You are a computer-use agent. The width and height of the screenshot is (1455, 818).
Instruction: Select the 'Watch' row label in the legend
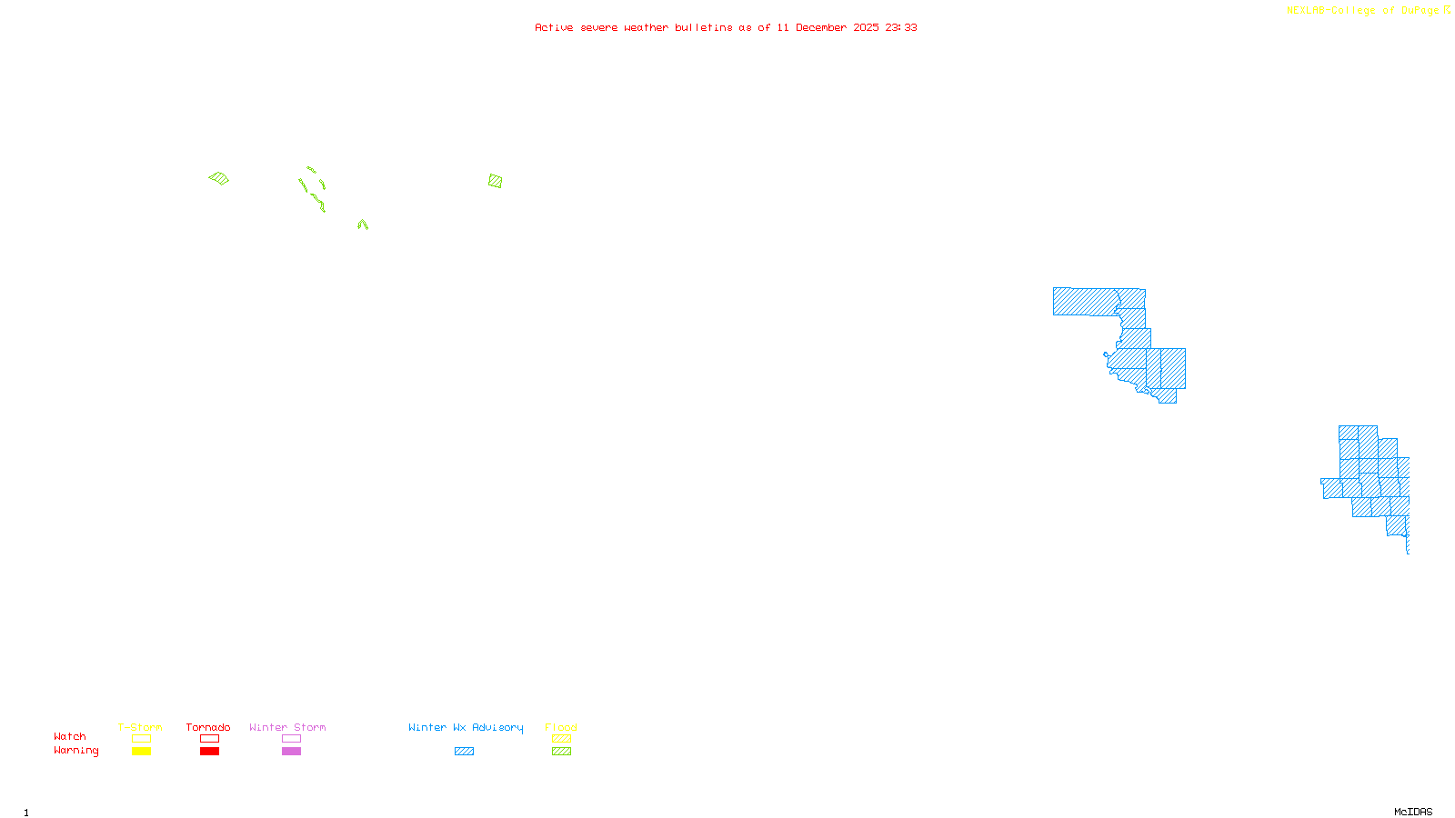(70, 736)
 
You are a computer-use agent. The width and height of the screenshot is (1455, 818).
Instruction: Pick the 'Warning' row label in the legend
(75, 751)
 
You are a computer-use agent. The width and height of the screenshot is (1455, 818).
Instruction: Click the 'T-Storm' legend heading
(140, 727)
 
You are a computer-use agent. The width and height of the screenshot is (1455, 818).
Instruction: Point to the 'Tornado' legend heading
(208, 727)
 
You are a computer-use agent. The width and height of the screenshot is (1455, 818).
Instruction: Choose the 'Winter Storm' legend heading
(287, 727)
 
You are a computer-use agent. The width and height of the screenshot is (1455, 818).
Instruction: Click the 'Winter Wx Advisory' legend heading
(466, 727)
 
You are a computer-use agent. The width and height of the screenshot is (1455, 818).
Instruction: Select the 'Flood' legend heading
(561, 727)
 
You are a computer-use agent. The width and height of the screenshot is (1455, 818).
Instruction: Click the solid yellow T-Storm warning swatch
(141, 752)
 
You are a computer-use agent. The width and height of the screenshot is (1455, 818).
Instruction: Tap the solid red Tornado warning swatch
(210, 752)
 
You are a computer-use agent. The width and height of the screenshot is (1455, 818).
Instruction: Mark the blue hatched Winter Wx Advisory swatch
(464, 752)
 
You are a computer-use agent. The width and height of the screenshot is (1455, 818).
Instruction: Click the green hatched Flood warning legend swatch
(562, 752)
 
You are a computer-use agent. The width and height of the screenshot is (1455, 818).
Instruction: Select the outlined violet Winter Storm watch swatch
(291, 739)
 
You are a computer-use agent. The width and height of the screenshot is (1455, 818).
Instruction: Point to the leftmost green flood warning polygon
(219, 178)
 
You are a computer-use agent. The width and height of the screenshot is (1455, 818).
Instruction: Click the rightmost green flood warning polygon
(495, 181)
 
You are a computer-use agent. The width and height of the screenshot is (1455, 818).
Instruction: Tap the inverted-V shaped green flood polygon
(363, 224)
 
